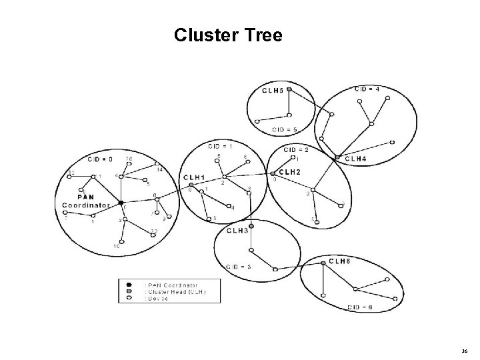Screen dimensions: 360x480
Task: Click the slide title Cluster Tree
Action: (228, 35)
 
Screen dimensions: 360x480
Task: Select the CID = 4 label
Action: (367, 88)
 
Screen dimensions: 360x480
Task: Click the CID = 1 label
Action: (222, 145)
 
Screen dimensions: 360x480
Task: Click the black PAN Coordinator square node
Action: (121, 201)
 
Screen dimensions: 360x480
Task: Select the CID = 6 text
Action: (360, 307)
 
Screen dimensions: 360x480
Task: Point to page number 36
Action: (465, 350)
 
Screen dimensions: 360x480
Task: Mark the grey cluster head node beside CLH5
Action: (289, 87)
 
